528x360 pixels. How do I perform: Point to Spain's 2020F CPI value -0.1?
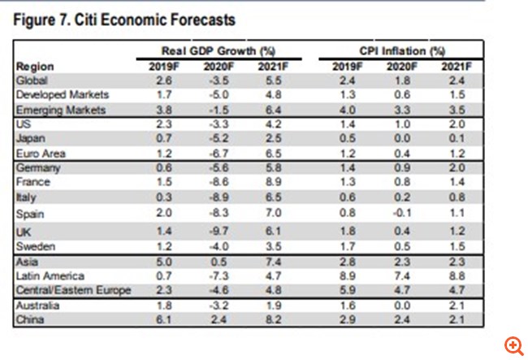400,215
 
